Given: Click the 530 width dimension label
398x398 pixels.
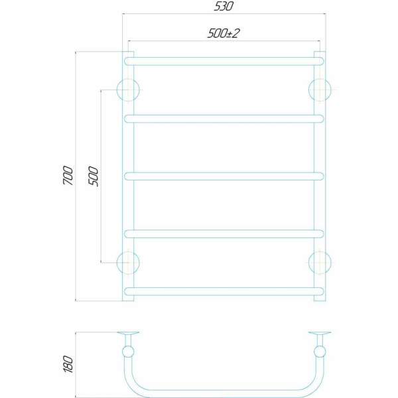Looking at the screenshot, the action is (224, 7).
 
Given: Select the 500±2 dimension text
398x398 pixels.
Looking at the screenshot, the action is (224, 33).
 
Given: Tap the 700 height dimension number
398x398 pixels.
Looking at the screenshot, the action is (68, 175).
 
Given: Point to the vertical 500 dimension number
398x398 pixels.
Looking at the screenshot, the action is (93, 176).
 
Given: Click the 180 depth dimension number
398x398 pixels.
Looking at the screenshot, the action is (68, 364).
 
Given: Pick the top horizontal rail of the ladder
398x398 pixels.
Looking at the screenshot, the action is (224, 62).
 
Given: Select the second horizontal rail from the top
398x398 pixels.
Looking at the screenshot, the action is (224, 119).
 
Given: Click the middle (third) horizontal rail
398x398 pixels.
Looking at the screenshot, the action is (224, 176).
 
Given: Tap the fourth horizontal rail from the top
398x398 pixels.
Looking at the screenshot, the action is (224, 233).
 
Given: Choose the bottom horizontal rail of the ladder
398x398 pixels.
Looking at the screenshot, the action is (224, 291).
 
